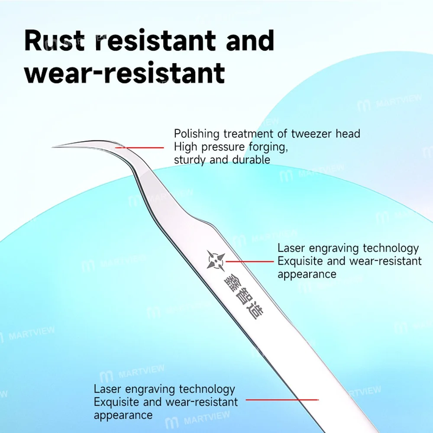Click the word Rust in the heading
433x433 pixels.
[54, 41]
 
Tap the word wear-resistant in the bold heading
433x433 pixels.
[125, 73]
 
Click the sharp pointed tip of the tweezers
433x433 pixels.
[53, 147]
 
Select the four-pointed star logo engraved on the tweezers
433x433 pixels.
[216, 260]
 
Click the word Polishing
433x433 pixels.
[197, 134]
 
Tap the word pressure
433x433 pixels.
[223, 148]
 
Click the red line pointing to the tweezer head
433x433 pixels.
[140, 148]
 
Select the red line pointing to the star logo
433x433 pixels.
[250, 261]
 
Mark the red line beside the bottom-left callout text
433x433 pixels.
[282, 400]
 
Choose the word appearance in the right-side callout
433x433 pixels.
[307, 275]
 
